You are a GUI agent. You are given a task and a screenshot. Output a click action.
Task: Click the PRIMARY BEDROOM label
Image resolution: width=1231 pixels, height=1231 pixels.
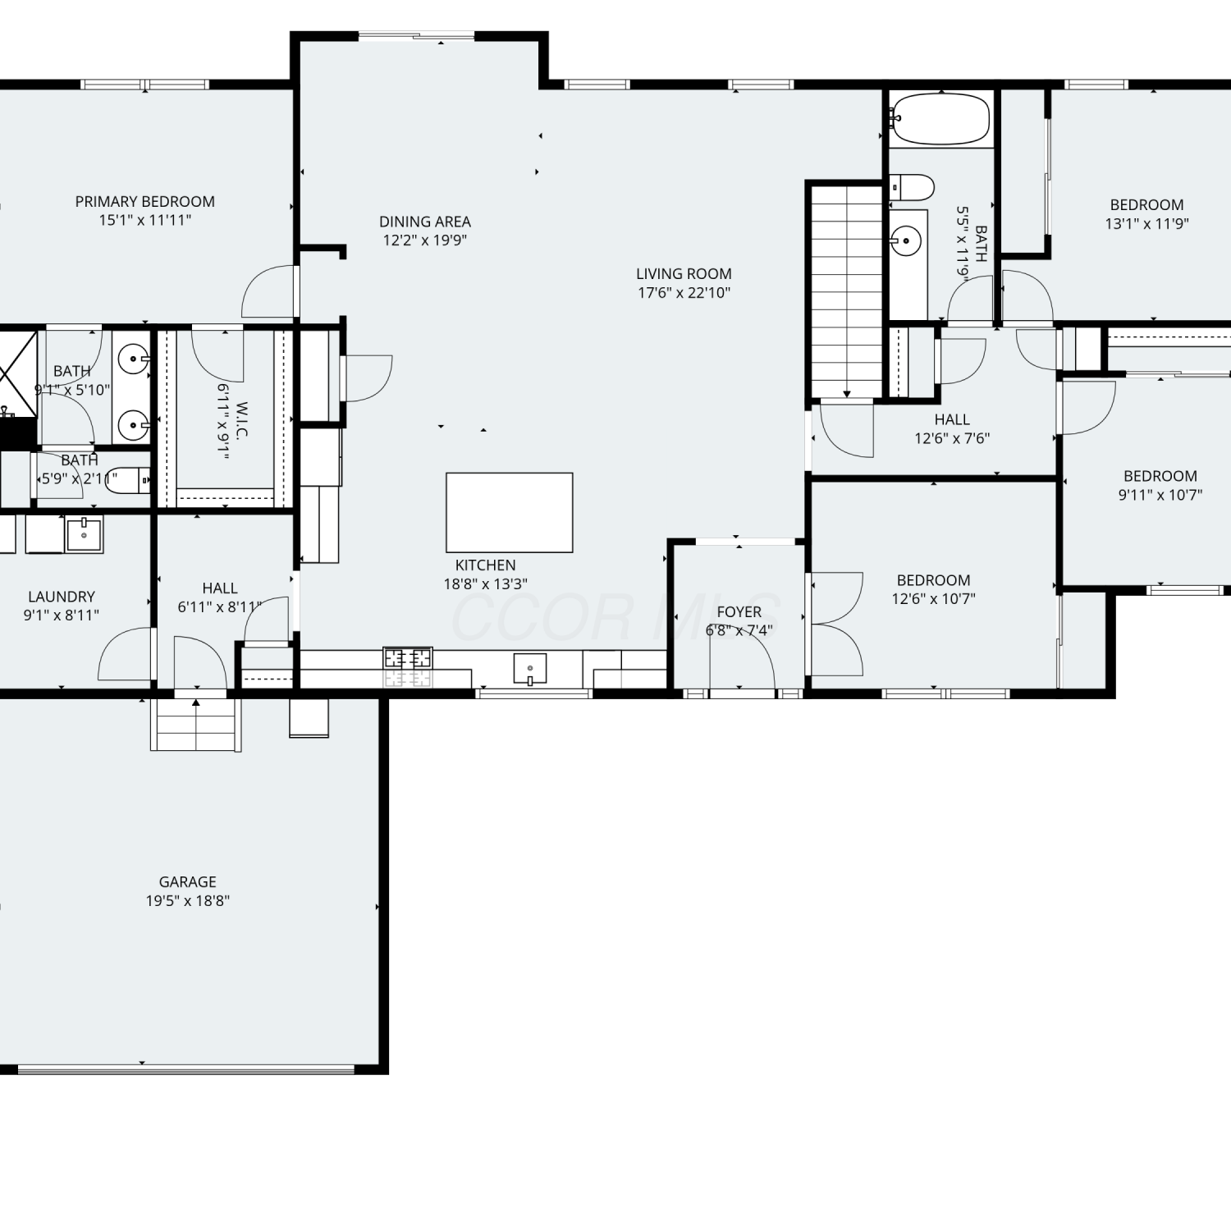pos(145,202)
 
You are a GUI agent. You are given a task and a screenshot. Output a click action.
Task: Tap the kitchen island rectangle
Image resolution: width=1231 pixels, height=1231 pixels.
pos(510,512)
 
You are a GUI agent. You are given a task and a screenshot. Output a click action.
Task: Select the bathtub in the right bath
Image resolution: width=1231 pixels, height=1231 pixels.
pos(940,119)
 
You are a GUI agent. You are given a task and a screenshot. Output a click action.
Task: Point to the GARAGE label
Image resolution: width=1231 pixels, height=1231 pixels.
pos(188,882)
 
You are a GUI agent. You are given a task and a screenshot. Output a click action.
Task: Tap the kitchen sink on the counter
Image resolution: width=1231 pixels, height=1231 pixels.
pos(530,669)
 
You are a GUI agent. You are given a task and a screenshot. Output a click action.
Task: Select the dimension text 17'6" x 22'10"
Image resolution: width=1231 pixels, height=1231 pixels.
pos(684,293)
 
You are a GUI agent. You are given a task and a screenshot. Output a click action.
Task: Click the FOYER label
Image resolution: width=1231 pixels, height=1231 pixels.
pos(739,612)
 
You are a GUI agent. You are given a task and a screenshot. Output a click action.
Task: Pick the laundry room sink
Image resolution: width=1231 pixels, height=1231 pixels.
pos(84,534)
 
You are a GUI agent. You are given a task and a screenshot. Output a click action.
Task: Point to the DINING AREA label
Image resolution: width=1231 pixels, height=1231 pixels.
pos(425,222)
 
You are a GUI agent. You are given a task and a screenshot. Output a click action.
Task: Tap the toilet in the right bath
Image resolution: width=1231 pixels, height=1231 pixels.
pos(912,188)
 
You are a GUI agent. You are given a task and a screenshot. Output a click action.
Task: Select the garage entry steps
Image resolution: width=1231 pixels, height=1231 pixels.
pos(196,724)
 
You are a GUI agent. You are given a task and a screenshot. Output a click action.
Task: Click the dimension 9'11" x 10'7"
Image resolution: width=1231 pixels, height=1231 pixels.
pos(1160,495)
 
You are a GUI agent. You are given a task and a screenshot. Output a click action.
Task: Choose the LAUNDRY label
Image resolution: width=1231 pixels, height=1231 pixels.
pos(62,597)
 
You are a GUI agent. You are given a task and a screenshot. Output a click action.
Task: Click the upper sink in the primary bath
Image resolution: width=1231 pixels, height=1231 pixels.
pos(133,359)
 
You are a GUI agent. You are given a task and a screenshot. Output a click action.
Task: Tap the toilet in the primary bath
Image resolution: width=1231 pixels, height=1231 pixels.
pos(129,480)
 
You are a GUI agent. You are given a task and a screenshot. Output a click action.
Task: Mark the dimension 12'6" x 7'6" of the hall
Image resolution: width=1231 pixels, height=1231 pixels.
pos(952,438)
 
